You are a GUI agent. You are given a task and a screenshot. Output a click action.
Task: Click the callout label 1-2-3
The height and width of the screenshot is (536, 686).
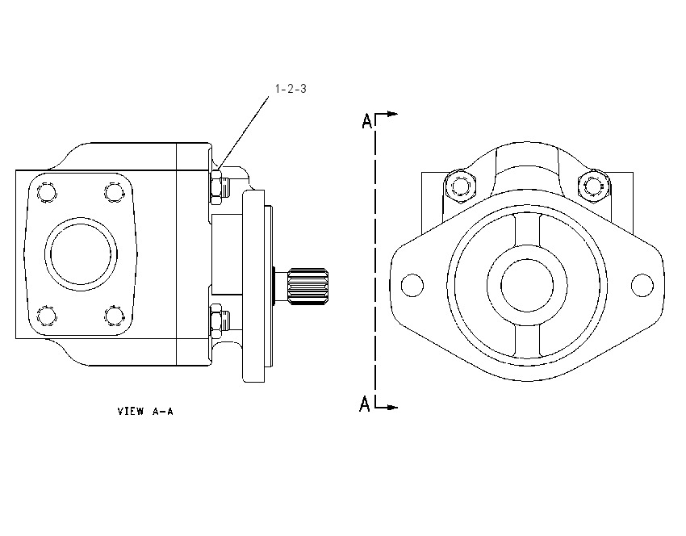(291, 89)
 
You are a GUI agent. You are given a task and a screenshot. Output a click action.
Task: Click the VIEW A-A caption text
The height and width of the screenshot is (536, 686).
(145, 412)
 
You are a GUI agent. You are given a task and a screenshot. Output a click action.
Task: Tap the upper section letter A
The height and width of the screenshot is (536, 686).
(367, 121)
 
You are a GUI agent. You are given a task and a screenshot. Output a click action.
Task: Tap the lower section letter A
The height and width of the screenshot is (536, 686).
(365, 404)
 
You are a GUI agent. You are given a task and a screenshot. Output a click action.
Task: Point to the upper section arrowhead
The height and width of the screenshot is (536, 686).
(392, 114)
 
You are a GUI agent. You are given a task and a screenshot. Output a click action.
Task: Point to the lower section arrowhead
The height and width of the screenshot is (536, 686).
(392, 408)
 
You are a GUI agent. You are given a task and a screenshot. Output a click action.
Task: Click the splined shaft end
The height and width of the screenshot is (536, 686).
(308, 287)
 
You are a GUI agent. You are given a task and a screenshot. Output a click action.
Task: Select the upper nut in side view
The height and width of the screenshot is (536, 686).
(216, 187)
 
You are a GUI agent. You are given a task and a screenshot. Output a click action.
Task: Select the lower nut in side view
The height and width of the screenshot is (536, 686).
(216, 320)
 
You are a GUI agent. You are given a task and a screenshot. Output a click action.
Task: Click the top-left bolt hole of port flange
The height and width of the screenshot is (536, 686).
(47, 192)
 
